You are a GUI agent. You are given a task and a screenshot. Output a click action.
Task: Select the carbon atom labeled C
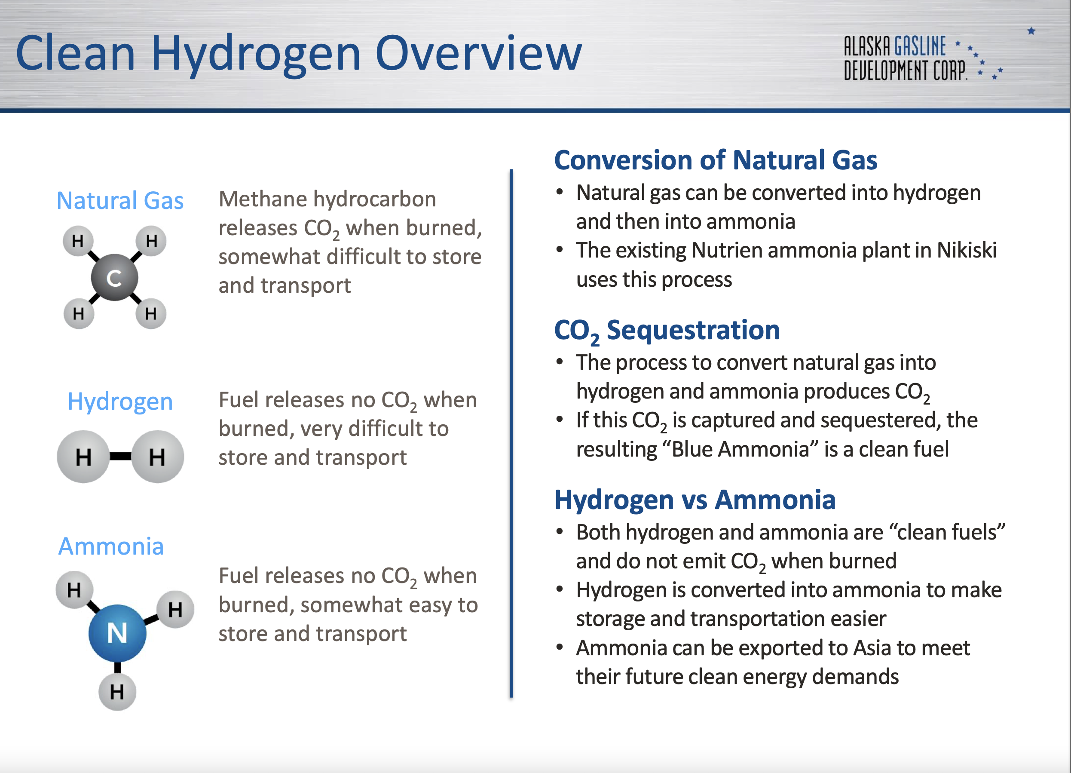click(114, 277)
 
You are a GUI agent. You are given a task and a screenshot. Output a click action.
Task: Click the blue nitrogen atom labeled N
click(117, 633)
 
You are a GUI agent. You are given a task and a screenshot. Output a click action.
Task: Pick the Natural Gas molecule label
click(120, 200)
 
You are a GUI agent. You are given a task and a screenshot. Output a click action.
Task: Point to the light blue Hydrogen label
click(120, 402)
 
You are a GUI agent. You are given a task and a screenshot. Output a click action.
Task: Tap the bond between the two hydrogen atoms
click(120, 457)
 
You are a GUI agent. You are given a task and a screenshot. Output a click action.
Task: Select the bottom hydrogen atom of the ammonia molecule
click(117, 692)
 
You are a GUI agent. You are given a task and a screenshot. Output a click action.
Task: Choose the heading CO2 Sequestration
click(667, 330)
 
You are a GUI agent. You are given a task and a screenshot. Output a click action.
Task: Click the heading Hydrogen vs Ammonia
click(695, 500)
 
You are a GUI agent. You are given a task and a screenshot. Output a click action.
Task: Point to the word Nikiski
click(967, 250)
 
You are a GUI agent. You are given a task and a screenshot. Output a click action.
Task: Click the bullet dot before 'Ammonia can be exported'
click(560, 647)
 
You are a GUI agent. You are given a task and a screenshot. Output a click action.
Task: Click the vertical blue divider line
click(511, 433)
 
